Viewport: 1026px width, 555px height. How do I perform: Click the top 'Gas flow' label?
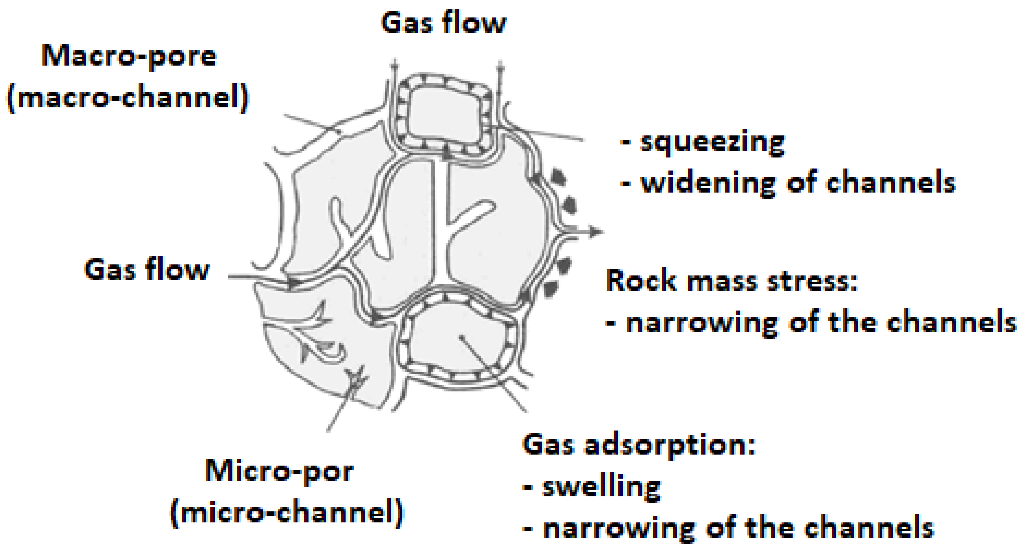(x=443, y=23)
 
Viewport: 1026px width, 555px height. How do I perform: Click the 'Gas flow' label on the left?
(x=147, y=270)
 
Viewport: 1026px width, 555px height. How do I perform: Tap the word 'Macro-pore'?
(x=129, y=57)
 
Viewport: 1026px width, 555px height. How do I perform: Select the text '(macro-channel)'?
(x=128, y=98)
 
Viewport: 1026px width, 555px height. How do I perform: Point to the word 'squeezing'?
(x=712, y=142)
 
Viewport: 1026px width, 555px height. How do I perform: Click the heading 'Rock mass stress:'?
(x=731, y=280)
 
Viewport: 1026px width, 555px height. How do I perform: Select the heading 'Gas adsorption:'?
(x=639, y=444)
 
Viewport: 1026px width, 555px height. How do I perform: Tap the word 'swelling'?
(x=602, y=486)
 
